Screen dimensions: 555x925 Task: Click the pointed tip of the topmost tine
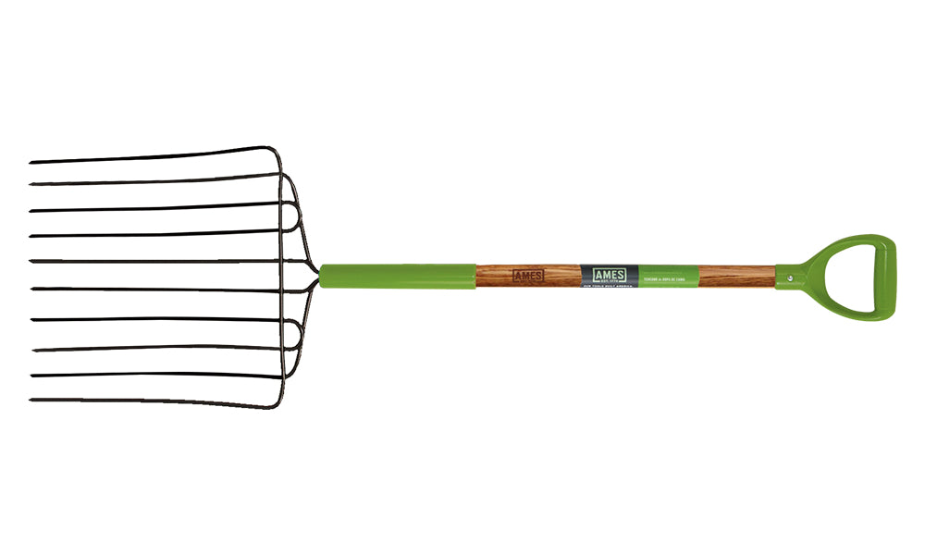(31, 164)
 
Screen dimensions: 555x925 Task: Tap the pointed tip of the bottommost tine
(31, 401)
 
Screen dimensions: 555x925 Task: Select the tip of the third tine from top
(31, 212)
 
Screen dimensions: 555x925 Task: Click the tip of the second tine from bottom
(31, 376)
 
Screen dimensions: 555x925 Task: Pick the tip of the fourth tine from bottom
(31, 321)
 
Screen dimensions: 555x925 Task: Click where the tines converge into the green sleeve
(318, 275)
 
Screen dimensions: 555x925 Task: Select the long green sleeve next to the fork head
(398, 276)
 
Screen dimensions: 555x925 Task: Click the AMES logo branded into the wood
(527, 276)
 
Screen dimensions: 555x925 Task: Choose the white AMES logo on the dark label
(609, 275)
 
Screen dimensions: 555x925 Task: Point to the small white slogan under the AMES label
(609, 289)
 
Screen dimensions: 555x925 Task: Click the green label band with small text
(668, 276)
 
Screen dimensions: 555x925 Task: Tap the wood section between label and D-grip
(736, 276)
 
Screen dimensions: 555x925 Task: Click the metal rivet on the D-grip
(789, 273)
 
